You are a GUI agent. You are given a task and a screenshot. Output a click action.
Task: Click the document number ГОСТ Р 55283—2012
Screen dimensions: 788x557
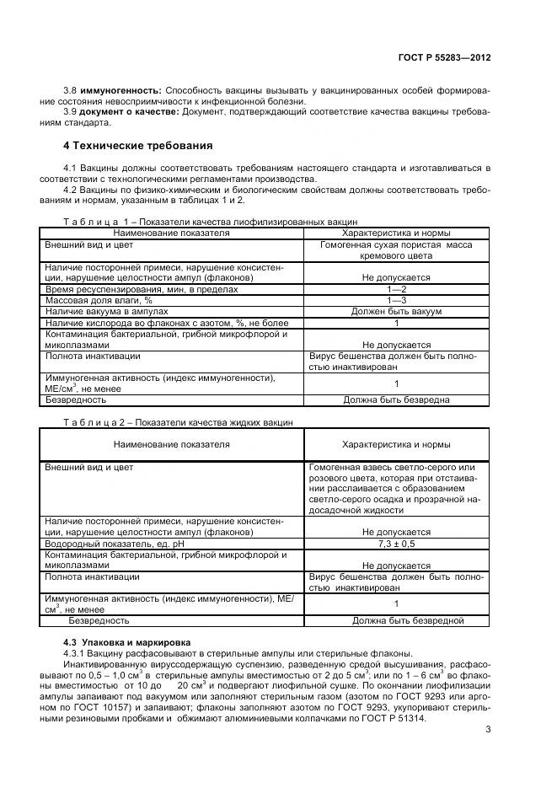pos(444,57)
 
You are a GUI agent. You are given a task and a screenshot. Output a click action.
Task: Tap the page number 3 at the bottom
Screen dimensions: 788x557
pos(487,730)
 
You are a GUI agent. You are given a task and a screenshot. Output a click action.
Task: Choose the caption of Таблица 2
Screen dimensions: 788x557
pos(179,422)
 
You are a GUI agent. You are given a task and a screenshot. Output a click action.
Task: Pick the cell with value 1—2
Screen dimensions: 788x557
pos(396,289)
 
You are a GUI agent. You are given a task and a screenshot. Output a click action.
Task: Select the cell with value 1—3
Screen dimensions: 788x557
pos(396,300)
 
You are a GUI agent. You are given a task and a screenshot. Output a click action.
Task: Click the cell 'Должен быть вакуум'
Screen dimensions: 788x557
pos(396,311)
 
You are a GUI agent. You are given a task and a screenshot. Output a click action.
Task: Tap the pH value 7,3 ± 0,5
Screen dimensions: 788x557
pos(396,544)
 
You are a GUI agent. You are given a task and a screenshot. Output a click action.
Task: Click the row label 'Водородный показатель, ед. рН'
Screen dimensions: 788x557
pos(115,544)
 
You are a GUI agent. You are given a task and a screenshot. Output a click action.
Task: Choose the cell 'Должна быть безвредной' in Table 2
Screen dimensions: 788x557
pos(408,621)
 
